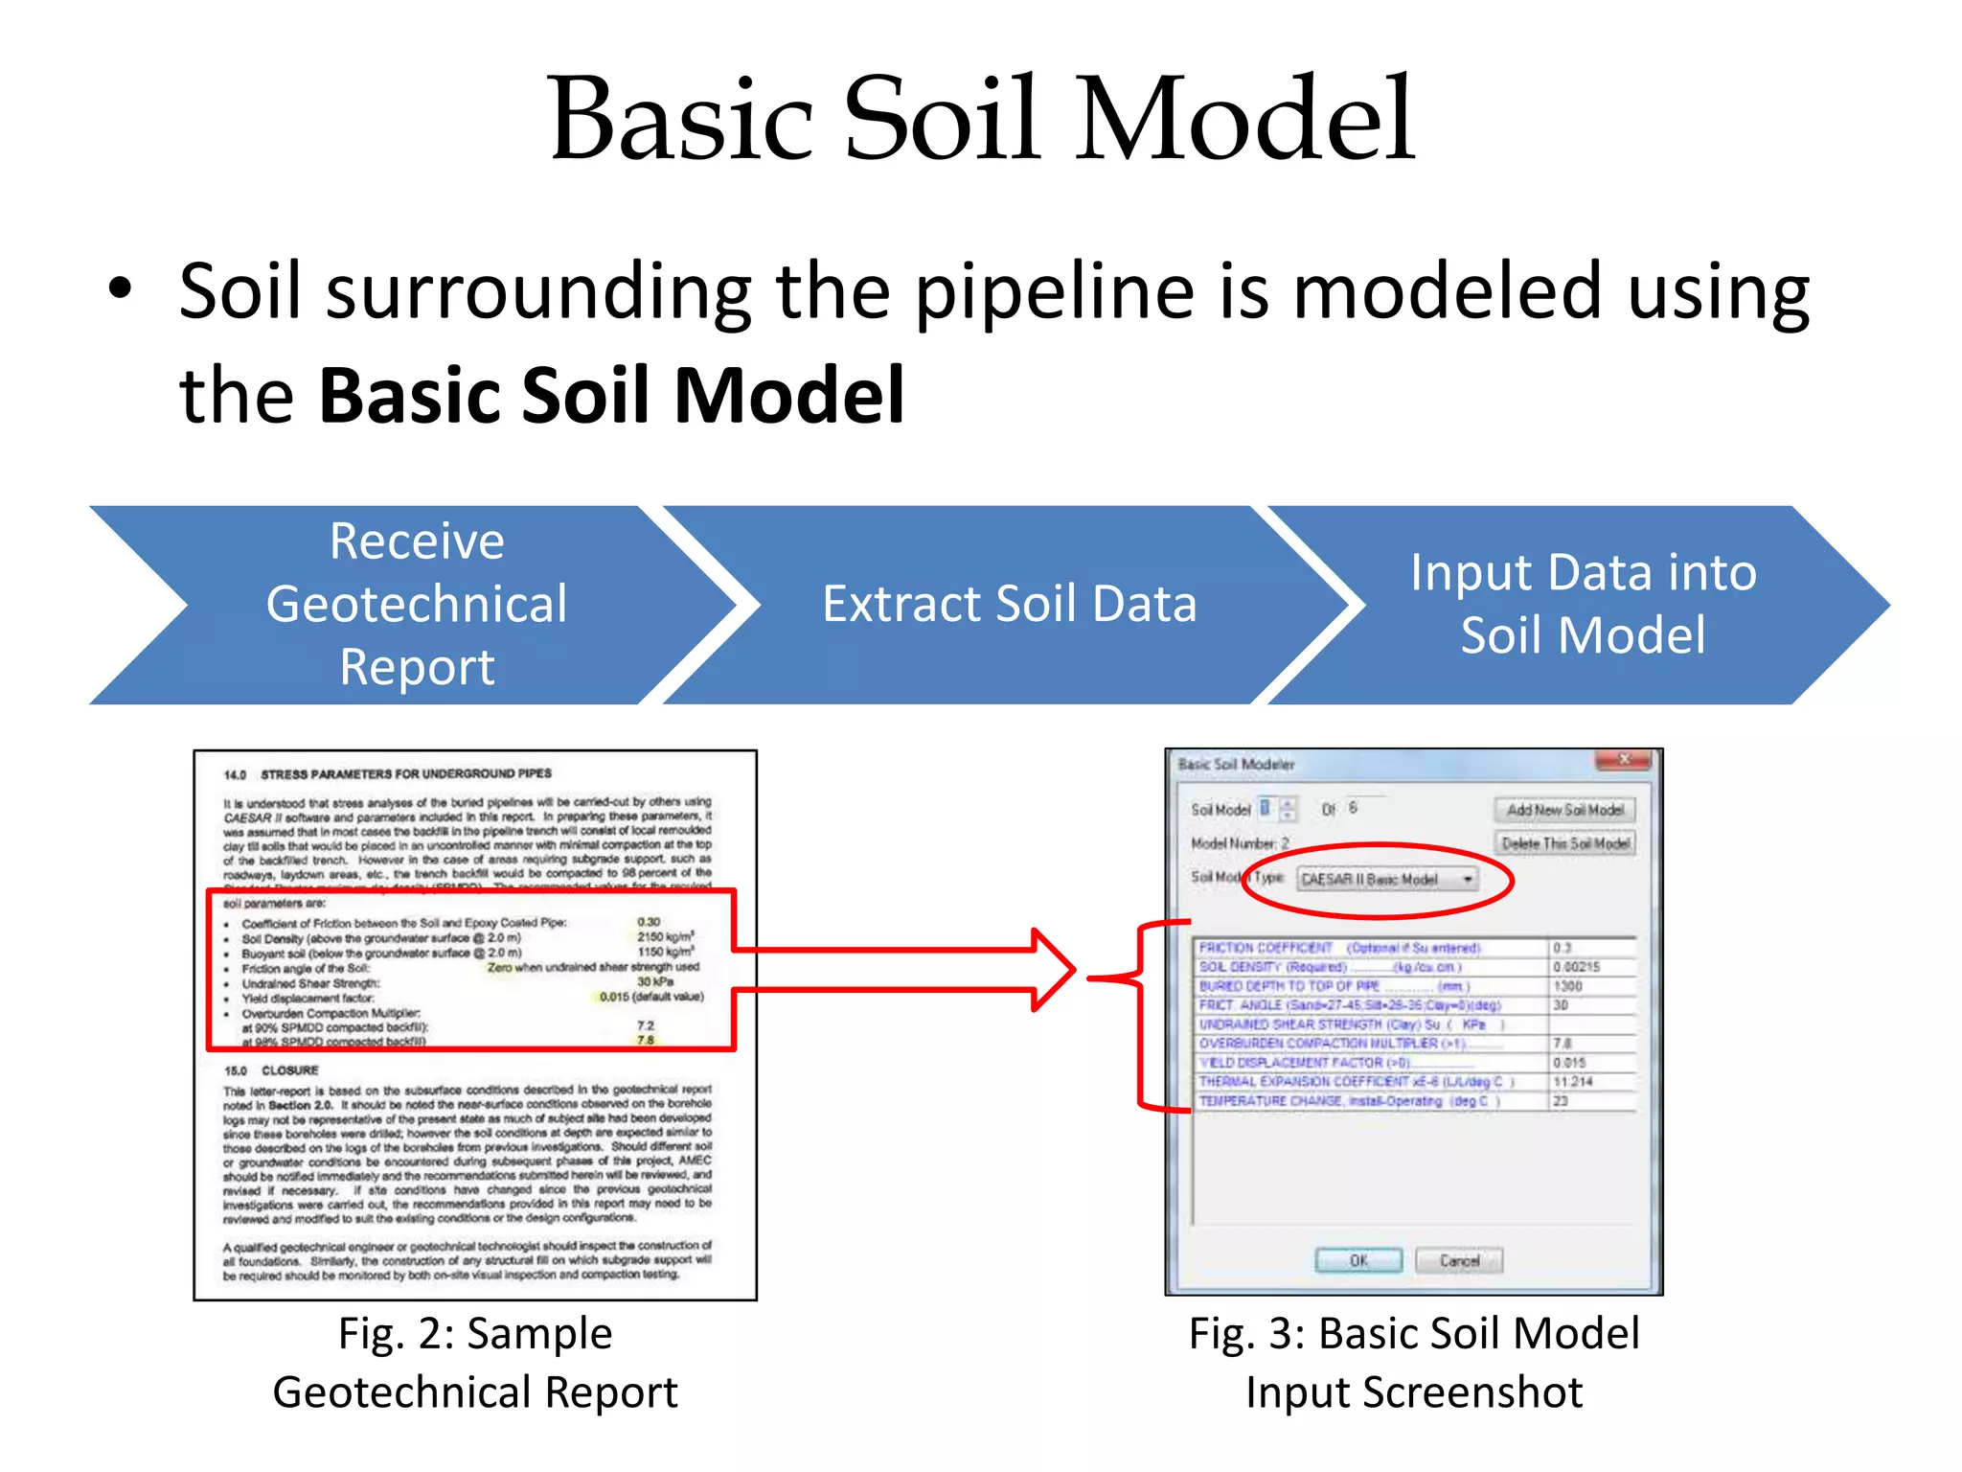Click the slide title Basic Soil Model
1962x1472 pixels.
pos(981,120)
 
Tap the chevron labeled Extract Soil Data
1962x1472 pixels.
pos(1009,605)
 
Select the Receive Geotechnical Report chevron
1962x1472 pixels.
pos(416,605)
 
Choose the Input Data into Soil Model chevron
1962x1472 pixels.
pos(1583,605)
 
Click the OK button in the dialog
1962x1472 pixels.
pos(1358,1260)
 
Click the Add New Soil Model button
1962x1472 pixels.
pos(1564,811)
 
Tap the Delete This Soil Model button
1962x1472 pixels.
pos(1564,843)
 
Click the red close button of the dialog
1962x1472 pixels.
pos(1624,761)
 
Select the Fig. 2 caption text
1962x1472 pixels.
pos(475,1362)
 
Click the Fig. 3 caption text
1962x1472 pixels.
pos(1414,1362)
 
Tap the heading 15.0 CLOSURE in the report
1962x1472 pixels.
pos(271,1070)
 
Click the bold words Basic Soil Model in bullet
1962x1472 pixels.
pos(611,395)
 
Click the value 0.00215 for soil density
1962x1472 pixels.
pos(1577,967)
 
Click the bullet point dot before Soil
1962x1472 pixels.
pos(119,287)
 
